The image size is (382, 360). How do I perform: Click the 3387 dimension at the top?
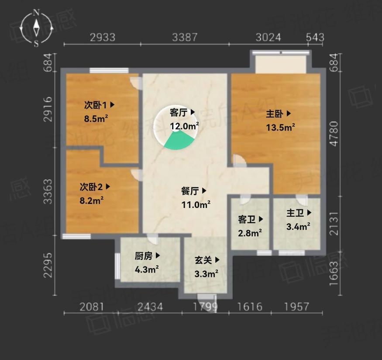[x=185, y=37]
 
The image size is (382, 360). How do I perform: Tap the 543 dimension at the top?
[x=315, y=37]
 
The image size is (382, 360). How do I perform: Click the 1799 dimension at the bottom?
[x=205, y=307]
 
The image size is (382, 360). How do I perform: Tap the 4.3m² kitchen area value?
[x=146, y=270]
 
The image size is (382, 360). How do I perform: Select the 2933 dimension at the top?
[x=103, y=37]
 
